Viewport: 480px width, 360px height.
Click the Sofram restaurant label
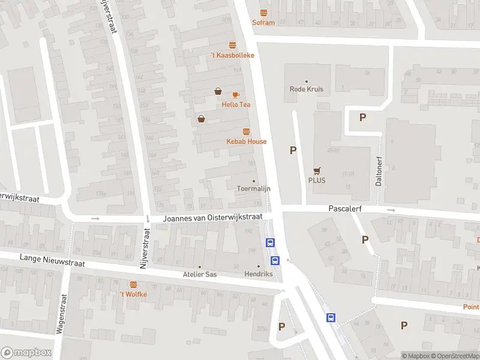coord(263,23)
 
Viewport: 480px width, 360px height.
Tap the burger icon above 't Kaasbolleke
coord(232,45)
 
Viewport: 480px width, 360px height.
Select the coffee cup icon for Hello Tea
coord(236,95)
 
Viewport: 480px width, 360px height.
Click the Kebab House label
coord(246,142)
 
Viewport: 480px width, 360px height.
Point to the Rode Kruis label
coord(307,89)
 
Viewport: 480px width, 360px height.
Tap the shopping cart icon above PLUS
coord(316,170)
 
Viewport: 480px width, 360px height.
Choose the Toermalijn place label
coord(253,188)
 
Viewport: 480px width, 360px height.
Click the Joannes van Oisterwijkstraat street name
coord(213,219)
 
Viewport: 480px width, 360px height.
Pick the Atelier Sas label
coord(200,274)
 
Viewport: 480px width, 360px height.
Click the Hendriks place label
coord(259,274)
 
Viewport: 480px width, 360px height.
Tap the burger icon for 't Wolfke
coord(133,284)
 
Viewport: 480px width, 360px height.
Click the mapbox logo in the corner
coord(26,353)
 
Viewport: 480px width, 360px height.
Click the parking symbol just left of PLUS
coord(293,151)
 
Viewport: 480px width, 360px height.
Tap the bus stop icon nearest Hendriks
coord(275,260)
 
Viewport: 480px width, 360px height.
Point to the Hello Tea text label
coord(236,104)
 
